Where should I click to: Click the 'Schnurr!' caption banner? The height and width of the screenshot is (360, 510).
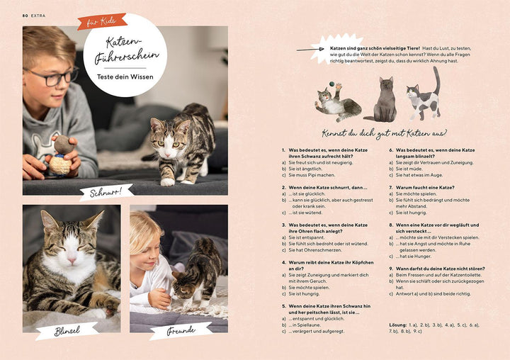click(x=106, y=192)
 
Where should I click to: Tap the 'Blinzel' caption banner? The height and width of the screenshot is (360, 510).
click(x=67, y=330)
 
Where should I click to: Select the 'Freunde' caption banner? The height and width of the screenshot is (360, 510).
click(x=180, y=330)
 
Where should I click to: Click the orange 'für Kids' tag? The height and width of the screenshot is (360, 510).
click(x=102, y=21)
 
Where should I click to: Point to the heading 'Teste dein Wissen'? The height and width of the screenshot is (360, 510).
click(x=125, y=78)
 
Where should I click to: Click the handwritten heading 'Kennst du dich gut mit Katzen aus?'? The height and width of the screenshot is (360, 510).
click(x=383, y=133)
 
